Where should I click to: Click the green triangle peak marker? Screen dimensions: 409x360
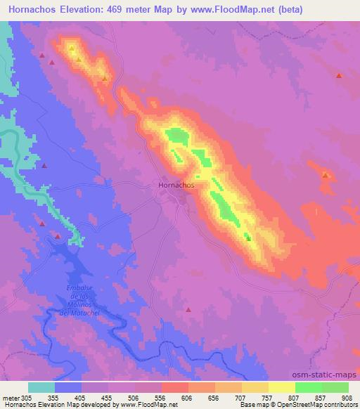pos(247,238)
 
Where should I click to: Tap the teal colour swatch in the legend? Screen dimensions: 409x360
pos(41,387)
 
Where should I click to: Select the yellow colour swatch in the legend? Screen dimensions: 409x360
pos(281,387)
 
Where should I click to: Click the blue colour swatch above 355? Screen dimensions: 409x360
pos(67,387)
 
